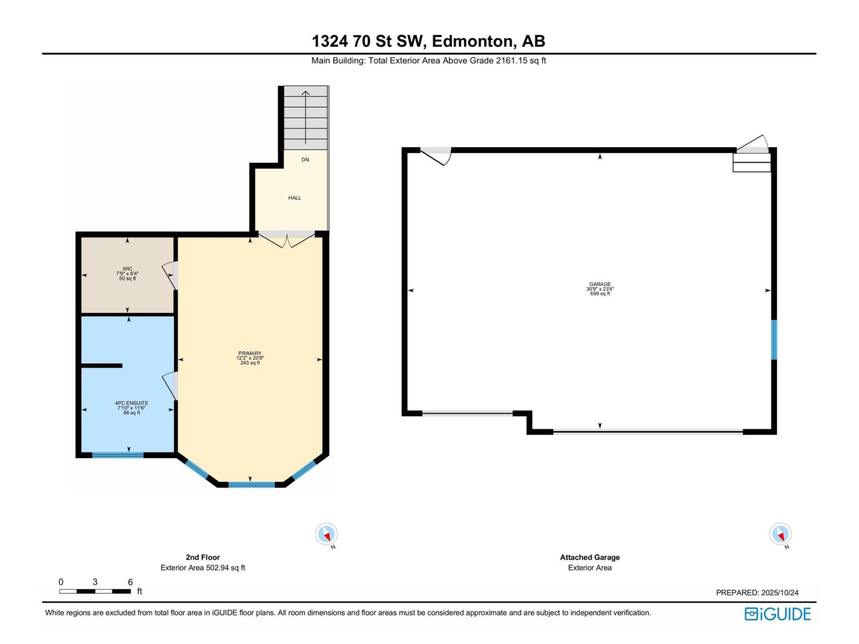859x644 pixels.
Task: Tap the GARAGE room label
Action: click(x=600, y=284)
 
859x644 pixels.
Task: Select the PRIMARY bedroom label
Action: click(x=250, y=354)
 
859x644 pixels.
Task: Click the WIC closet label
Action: click(x=127, y=269)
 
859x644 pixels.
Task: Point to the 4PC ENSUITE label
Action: click(x=132, y=403)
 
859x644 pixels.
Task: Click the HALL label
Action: click(x=294, y=198)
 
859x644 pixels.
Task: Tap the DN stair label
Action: click(x=305, y=160)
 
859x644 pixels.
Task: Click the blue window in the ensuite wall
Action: click(x=118, y=455)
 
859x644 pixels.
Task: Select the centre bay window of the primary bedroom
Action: click(x=251, y=485)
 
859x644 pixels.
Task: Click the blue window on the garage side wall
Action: click(x=774, y=340)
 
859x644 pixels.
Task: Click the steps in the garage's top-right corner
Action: click(x=752, y=162)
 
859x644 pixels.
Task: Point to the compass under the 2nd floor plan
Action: click(x=326, y=535)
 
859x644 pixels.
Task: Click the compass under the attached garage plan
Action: click(x=780, y=535)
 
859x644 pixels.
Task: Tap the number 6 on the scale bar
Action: click(x=130, y=582)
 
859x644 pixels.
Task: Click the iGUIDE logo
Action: click(x=777, y=614)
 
